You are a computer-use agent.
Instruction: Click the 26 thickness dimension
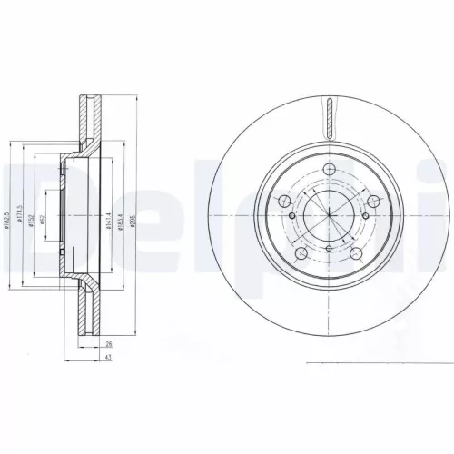[108, 344]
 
